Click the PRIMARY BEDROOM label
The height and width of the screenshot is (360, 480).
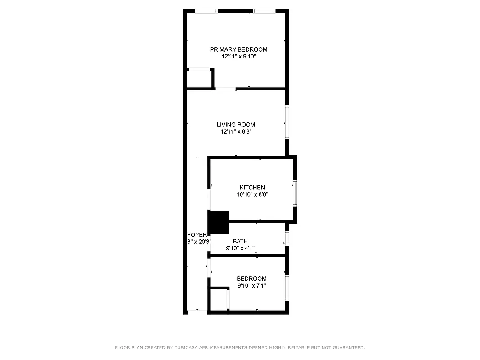coord(238,49)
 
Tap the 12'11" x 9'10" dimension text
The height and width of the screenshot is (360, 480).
coord(238,57)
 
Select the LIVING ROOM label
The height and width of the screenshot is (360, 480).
coord(236,125)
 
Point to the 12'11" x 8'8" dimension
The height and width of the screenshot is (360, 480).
coord(236,132)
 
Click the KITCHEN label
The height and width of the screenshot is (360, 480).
coord(252,188)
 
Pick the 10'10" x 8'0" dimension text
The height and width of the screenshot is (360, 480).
coord(252,195)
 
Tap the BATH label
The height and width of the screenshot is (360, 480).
coord(240,242)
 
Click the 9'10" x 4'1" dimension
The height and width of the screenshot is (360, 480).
coord(240,248)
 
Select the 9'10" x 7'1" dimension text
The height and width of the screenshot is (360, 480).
coord(251,285)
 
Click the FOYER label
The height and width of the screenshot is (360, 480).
coord(197,235)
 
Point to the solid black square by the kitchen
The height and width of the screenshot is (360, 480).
coord(218,222)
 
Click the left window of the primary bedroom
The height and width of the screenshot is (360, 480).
coord(206,11)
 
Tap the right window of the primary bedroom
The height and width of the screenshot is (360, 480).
coord(264,11)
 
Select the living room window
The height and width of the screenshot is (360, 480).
coord(287,122)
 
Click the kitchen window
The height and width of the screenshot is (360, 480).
coord(295,193)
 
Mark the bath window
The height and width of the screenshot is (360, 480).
coord(287,238)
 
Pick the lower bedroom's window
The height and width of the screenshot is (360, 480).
coord(287,288)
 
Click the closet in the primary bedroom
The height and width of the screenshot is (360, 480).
coord(200,79)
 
